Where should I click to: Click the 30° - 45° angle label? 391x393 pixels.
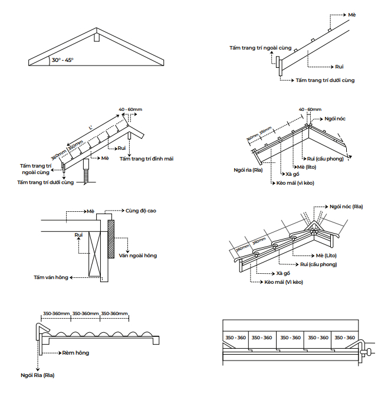pos(62,60)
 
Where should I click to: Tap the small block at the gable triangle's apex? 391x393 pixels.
pos(94,39)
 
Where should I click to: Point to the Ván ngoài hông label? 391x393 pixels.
pos(137,255)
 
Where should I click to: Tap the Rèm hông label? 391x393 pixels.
pos(75,353)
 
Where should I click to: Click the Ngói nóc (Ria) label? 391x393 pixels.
pos(346,207)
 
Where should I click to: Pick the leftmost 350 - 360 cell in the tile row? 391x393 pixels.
pos(235,338)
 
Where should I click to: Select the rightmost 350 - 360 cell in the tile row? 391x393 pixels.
pos(345,338)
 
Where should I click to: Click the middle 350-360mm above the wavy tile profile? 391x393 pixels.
pos(86,313)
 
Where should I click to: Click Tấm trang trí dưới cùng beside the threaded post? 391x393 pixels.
pos(45,183)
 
